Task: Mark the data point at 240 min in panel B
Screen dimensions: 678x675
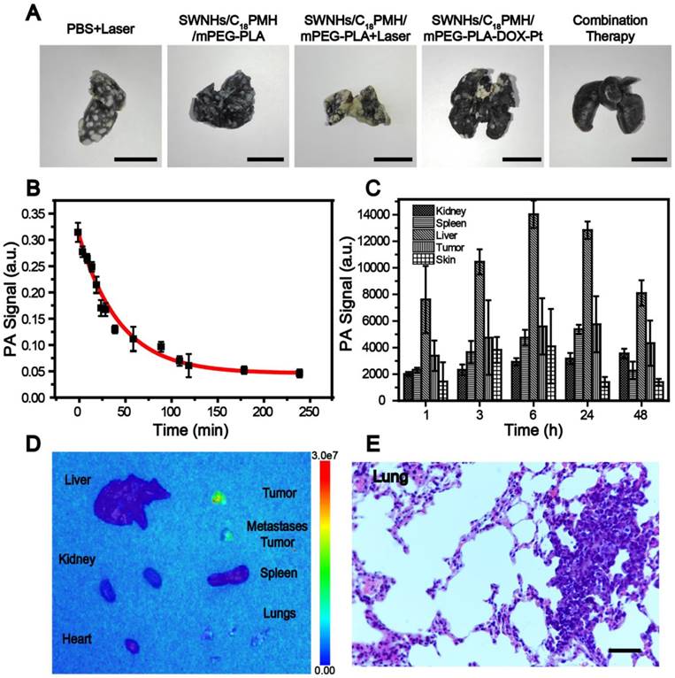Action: click(299, 374)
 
